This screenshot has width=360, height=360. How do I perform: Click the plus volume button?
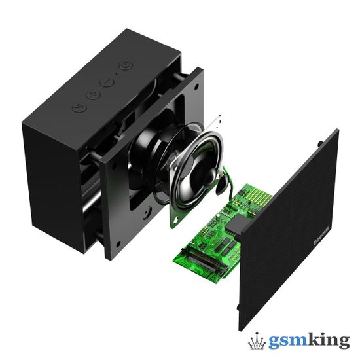93,95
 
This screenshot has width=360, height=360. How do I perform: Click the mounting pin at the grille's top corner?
320,139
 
